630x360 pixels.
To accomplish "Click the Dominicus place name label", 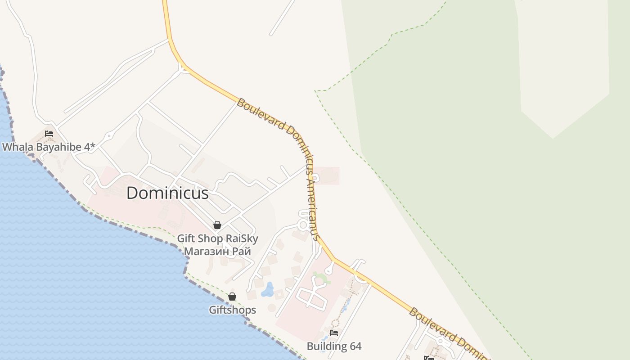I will (167, 193).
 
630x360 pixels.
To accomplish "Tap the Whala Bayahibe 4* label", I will (49, 147).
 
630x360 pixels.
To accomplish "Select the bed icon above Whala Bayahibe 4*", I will (49, 134).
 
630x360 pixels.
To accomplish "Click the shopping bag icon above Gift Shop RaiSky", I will (217, 225).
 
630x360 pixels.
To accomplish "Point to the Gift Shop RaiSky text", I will (217, 238).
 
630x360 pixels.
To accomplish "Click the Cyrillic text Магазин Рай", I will (217, 252).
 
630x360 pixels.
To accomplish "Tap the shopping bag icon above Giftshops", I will (232, 297).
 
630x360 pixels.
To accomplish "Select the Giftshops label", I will (232, 310).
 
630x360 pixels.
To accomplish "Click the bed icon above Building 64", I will (334, 333).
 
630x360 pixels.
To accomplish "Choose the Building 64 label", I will (334, 346).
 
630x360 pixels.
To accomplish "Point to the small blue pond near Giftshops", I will (268, 290).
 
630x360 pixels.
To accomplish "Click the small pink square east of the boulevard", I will (327, 175).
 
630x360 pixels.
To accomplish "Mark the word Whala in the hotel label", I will (15, 147).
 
